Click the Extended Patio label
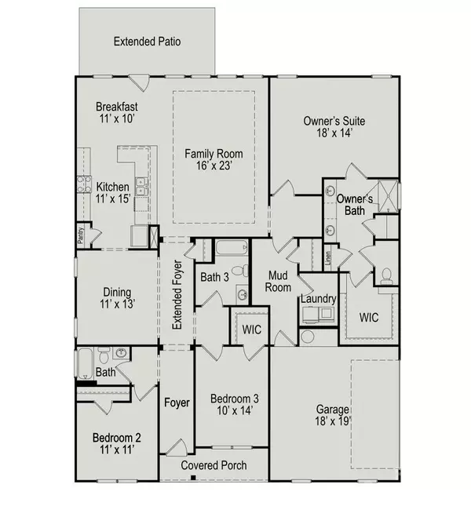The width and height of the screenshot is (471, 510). [x=148, y=41]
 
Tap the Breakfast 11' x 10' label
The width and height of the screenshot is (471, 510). [x=117, y=113]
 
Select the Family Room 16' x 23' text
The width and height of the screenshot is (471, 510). [x=214, y=160]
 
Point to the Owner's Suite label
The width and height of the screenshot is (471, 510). [x=334, y=127]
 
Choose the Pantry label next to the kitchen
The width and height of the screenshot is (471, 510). [x=81, y=236]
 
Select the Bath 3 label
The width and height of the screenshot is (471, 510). [x=214, y=277]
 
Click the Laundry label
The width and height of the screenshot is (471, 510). [x=319, y=299]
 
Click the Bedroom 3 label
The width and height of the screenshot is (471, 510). [x=232, y=403]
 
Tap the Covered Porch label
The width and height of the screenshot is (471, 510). [x=214, y=465]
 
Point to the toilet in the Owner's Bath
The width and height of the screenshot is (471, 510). [x=385, y=275]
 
